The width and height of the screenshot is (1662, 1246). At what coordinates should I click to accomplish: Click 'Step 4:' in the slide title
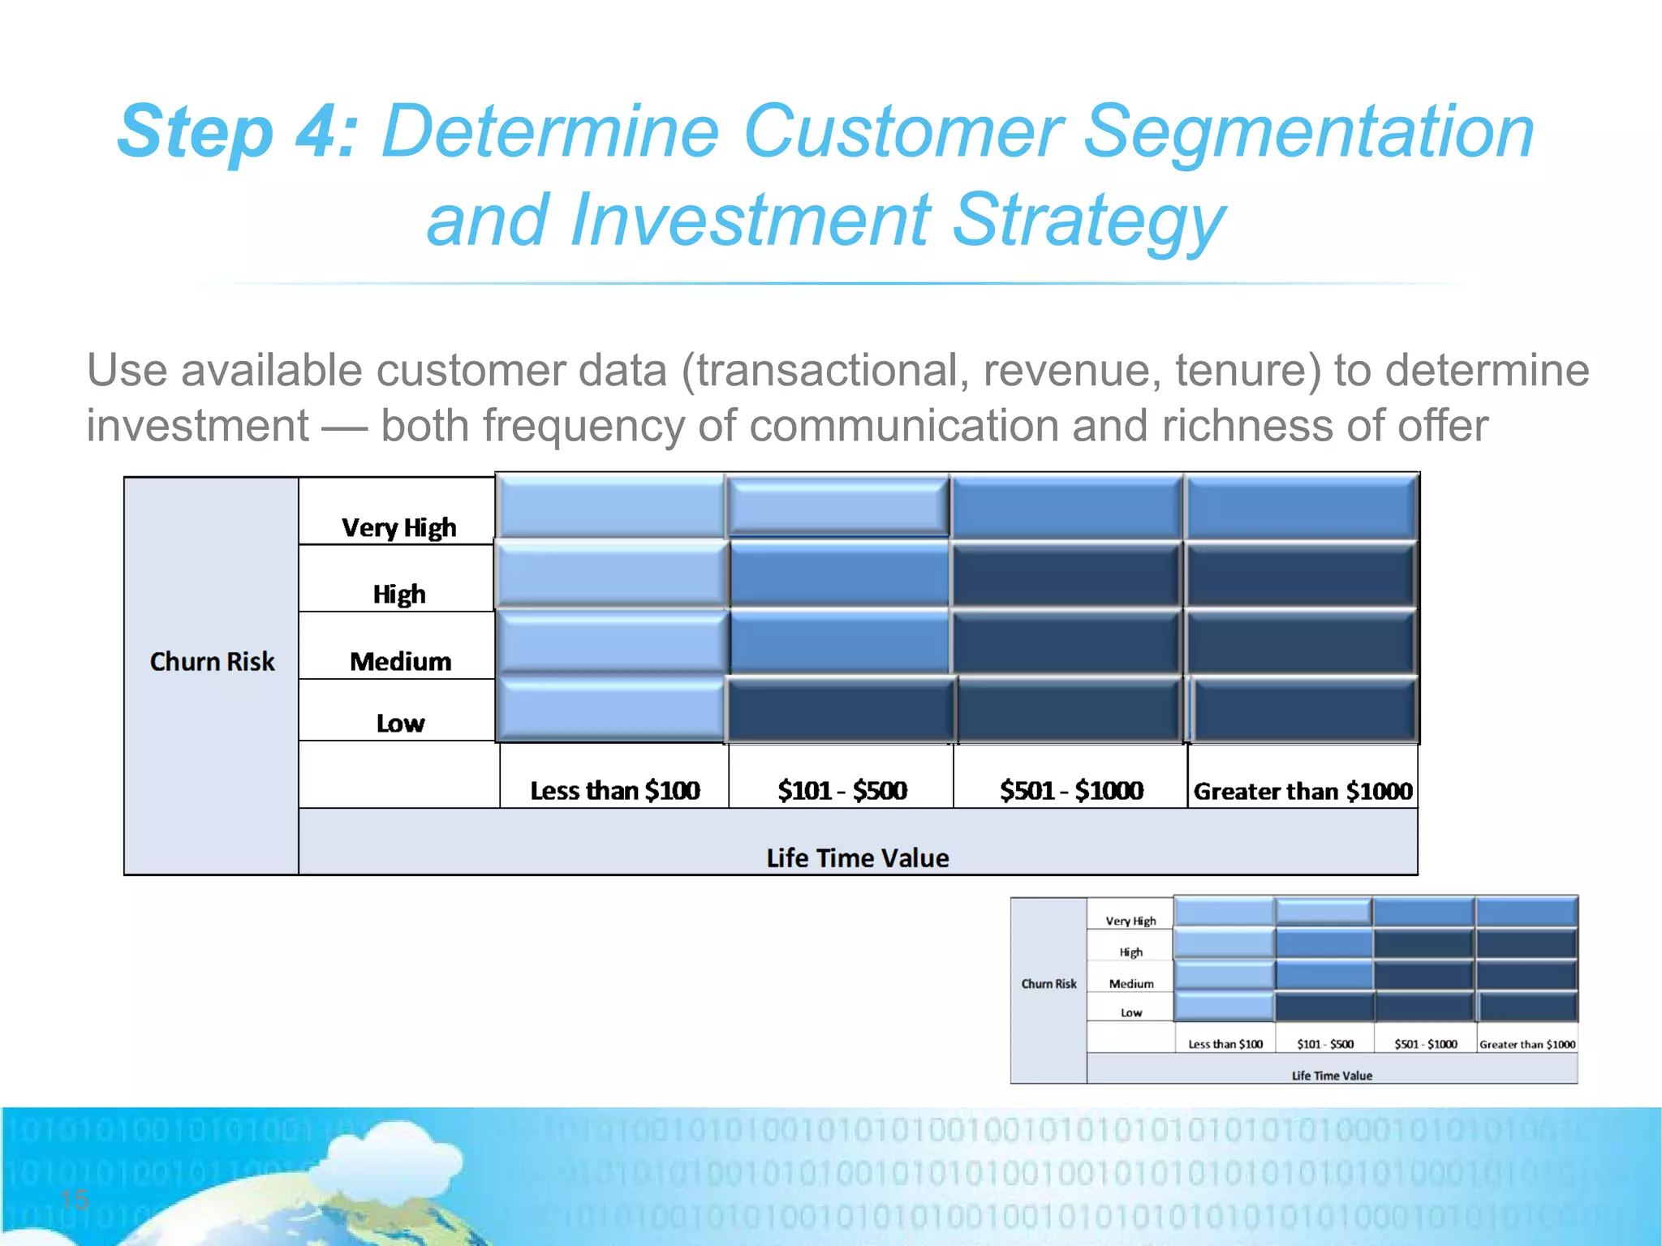coord(237,132)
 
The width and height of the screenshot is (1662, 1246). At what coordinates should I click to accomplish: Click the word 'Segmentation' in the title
coord(1308,132)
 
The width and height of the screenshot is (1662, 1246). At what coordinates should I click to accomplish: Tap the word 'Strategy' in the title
coord(1087,221)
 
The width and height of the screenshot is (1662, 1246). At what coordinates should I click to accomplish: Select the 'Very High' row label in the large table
coord(398,528)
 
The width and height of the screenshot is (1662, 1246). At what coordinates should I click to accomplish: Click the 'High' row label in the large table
coord(398,595)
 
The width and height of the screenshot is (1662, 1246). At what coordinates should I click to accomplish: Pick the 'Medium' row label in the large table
coord(400,662)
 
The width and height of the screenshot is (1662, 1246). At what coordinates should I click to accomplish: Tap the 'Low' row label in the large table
coord(400,723)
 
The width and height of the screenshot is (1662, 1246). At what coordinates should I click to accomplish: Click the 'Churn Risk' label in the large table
coord(212,662)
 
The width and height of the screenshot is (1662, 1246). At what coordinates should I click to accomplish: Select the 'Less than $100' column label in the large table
coord(614,790)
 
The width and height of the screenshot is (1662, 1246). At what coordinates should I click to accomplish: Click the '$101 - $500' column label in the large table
coord(842,790)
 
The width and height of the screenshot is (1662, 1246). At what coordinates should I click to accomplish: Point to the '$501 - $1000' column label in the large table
coord(1071,790)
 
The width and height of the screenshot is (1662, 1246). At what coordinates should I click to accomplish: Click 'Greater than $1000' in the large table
coord(1302,791)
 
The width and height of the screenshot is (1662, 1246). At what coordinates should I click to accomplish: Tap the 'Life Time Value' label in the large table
coord(857,858)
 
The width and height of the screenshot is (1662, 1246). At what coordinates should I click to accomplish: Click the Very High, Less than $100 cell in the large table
coord(611,506)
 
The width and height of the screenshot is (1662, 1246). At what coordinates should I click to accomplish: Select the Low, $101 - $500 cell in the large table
coord(840,710)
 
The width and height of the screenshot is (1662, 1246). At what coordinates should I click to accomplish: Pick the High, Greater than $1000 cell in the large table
coord(1301,575)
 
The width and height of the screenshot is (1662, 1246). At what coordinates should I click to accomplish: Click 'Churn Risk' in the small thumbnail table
coord(1048,984)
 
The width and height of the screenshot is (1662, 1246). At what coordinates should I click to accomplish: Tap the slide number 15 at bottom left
coord(75,1199)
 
